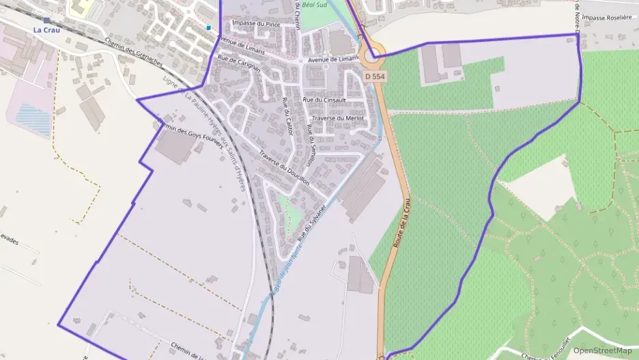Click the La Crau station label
pyautogui.click(x=46, y=30)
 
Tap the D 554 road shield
pyautogui.click(x=375, y=77)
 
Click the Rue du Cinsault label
pyautogui.click(x=324, y=100)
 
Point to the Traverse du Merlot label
pyautogui.click(x=338, y=118)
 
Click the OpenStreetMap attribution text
pyautogui.click(x=602, y=350)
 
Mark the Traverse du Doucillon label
pyautogui.click(x=285, y=168)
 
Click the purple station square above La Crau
pyautogui.click(x=46, y=20)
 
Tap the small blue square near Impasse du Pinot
pyautogui.click(x=209, y=28)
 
